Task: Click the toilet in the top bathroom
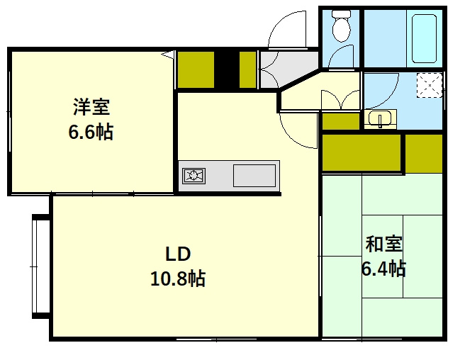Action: (x=342, y=26)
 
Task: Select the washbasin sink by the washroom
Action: (x=380, y=119)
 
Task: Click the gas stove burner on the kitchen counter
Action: (x=194, y=176)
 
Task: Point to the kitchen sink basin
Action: (x=254, y=176)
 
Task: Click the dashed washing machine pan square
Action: (x=430, y=85)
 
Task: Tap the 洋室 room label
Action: (x=91, y=107)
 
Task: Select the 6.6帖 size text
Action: (x=91, y=132)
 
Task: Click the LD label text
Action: (x=178, y=254)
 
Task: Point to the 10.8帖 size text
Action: (x=178, y=279)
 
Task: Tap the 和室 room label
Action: (x=383, y=244)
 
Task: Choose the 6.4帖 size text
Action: (x=383, y=269)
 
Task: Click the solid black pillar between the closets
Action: (x=227, y=70)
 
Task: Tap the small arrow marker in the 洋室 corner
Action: (x=168, y=55)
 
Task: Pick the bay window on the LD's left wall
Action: (x=40, y=266)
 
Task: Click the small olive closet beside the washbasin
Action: (x=341, y=121)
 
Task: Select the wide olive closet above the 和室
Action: (x=362, y=153)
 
